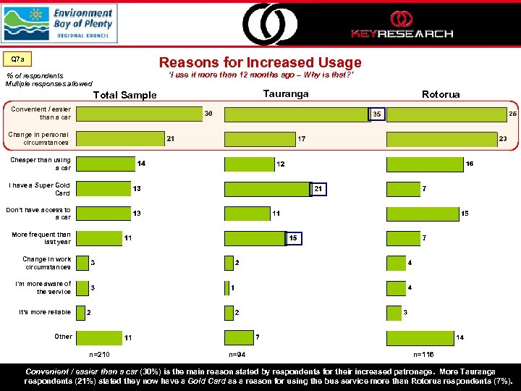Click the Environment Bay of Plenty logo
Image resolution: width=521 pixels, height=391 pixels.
coord(59,23)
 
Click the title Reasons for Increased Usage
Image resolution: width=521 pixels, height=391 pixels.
coord(260,63)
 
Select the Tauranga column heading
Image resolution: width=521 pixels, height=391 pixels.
coord(286,94)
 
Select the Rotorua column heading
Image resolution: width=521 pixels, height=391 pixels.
coord(441,94)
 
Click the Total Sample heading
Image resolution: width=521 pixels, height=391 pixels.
coord(126,96)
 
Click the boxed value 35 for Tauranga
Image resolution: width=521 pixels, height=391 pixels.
coord(376,114)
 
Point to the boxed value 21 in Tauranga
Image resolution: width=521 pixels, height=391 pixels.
coord(318,189)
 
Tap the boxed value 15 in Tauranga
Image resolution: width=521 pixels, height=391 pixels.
coord(293,238)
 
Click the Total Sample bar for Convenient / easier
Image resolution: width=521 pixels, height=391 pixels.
coord(137,114)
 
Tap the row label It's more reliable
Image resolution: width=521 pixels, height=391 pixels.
coord(45,312)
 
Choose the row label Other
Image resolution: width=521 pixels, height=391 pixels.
coord(63,337)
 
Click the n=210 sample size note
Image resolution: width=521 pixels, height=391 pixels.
coord(99,355)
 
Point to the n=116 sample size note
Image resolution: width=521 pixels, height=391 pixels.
coord(423,355)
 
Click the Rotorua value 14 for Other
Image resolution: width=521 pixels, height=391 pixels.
coord(460,337)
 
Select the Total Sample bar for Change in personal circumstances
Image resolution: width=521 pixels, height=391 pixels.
coord(120,138)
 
